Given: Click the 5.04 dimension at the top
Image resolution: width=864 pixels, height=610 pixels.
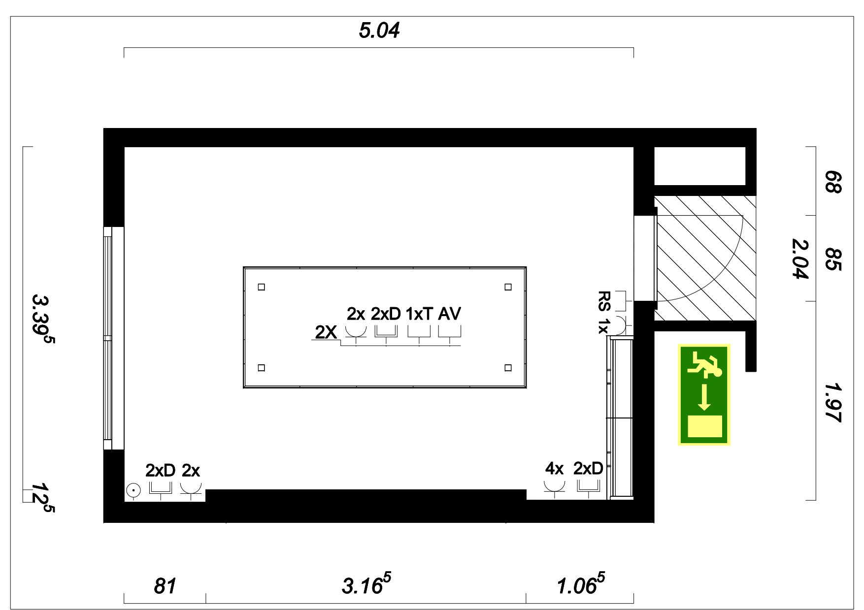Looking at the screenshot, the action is pos(379,31).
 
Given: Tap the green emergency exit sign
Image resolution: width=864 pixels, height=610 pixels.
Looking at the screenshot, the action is pos(704,395).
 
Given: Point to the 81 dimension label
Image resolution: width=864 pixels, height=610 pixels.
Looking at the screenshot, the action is pos(165,586).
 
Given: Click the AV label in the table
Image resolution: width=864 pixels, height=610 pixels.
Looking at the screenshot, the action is pos(449,314).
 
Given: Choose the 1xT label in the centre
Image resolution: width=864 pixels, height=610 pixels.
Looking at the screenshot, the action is pos(419,314).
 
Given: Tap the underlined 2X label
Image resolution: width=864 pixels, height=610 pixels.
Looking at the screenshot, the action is pos(326,333).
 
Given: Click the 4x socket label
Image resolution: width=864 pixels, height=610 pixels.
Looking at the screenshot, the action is pos(554,469).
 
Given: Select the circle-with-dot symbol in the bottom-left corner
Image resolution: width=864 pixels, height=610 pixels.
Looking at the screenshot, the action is pos(133,490).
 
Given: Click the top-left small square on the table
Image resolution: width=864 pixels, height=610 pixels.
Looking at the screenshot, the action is pos(262,287).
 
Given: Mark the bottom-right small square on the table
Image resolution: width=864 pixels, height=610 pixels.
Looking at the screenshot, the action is pos(508,368).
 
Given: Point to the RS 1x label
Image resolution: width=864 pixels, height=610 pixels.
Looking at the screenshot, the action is pos(604,312).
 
